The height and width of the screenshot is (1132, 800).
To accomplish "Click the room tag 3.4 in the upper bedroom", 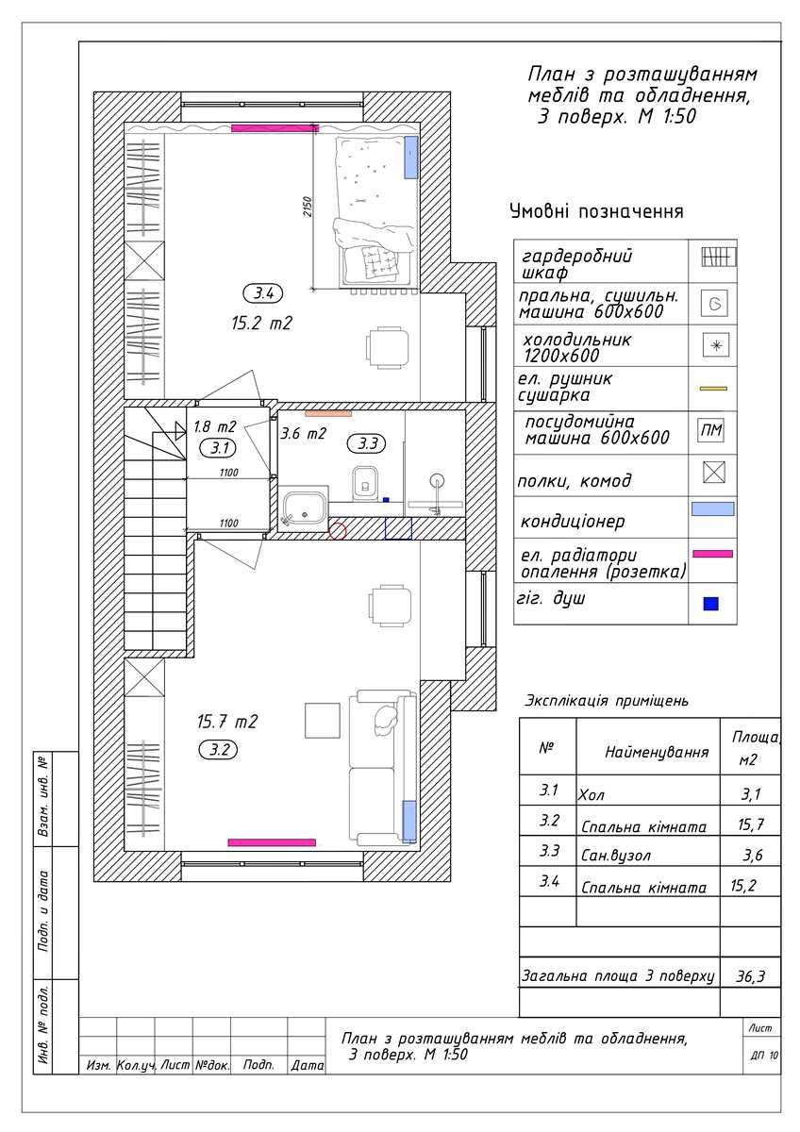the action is point(263,292).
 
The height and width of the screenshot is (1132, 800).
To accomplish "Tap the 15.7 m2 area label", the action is point(227,721).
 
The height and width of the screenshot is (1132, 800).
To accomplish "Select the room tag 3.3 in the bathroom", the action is point(366,443).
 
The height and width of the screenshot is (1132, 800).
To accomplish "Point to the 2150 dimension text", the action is point(308,207).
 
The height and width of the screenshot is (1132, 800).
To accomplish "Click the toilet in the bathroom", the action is point(365,483).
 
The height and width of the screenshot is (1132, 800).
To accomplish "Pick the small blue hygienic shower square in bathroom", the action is point(386,499).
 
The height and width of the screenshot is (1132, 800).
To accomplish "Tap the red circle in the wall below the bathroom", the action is point(338,530).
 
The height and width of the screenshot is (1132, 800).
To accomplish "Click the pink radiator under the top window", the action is point(275,128).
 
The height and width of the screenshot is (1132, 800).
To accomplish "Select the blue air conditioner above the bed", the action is point(411,158).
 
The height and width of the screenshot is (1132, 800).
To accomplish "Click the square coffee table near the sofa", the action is point(323,720).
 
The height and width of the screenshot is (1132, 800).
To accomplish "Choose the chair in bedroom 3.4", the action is point(387,347).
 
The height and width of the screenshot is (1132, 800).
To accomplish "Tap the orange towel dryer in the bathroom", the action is point(328,413).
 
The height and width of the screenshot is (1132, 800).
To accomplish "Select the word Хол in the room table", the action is point(592,795).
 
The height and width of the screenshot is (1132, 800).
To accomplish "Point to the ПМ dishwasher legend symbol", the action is point(711,430).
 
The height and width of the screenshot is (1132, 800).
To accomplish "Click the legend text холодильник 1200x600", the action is point(576,347).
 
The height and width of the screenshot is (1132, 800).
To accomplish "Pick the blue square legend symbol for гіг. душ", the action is point(711,604).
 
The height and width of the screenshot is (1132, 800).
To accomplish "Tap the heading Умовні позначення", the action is point(596,210).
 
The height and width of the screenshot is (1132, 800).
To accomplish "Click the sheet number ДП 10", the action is point(764,1056).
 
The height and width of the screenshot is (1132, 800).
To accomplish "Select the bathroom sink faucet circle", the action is point(437,479).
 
